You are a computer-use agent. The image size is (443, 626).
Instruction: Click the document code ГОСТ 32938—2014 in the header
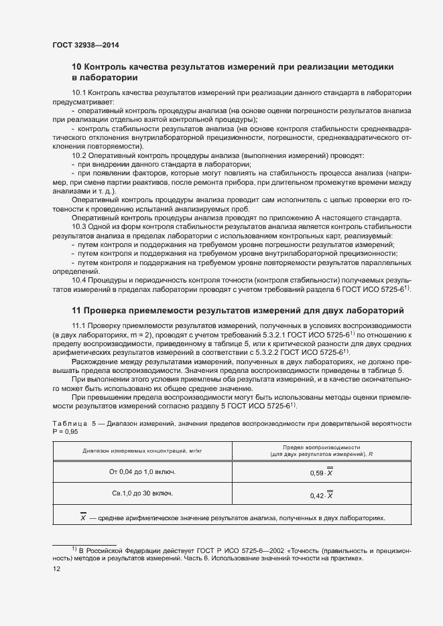85,46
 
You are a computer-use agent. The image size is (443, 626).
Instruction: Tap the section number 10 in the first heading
76,66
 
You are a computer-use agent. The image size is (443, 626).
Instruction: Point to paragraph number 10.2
78,155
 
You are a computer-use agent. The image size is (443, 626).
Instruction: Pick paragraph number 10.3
78,228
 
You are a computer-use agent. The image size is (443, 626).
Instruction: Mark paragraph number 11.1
78,325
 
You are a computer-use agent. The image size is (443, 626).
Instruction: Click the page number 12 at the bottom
56,568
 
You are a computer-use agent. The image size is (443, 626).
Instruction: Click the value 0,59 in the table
318,473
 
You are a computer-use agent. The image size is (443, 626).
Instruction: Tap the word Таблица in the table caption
70,423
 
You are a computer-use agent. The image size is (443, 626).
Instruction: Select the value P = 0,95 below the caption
65,432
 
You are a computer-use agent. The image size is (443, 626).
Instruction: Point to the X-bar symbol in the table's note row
83,518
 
